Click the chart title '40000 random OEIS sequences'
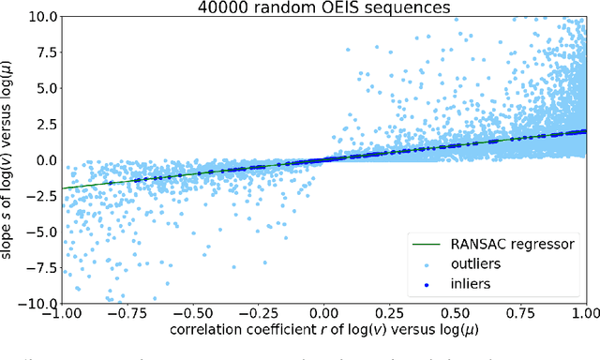click(324, 7)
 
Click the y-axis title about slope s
click(10, 159)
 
